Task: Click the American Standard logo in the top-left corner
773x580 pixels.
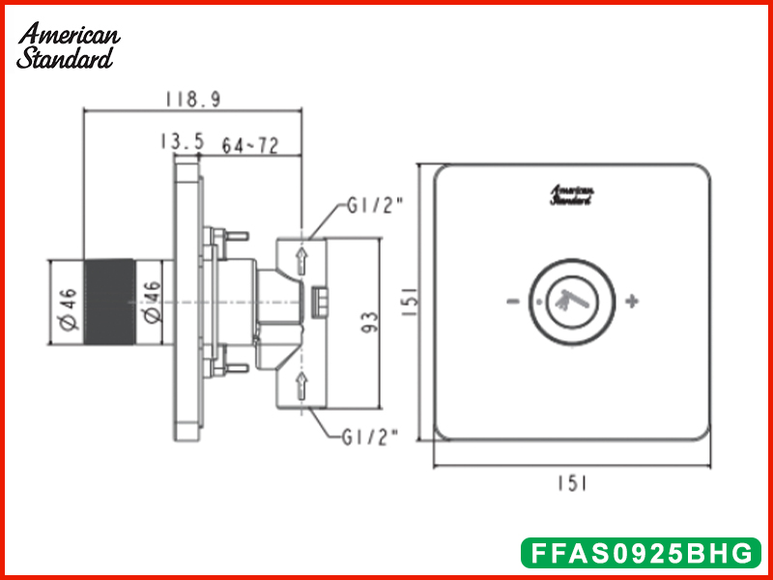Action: pos(68,45)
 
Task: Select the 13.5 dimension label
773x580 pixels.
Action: pos(182,143)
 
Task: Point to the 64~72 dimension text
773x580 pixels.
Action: pos(250,145)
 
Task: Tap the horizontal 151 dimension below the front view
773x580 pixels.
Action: pos(572,482)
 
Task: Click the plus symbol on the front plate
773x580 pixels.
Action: pos(632,301)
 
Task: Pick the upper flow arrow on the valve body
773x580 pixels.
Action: pos(301,259)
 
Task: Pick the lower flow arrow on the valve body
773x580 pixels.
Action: pos(301,386)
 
